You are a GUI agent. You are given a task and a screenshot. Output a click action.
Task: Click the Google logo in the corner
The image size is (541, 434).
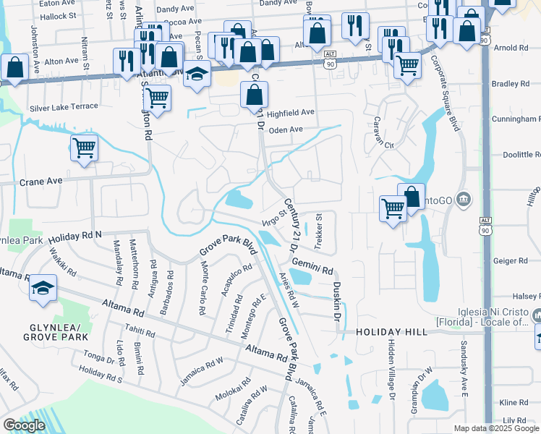point(24,425)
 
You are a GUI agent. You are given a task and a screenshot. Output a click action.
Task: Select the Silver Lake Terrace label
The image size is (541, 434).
point(64,108)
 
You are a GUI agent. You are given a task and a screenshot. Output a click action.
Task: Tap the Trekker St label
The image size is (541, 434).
point(318,231)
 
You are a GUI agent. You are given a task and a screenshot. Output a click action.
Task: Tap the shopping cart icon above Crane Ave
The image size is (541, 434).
point(84,148)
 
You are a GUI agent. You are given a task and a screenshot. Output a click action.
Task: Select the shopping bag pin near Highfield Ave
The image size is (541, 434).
point(254,94)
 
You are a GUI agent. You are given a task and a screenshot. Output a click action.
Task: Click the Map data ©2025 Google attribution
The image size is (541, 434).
point(496,428)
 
